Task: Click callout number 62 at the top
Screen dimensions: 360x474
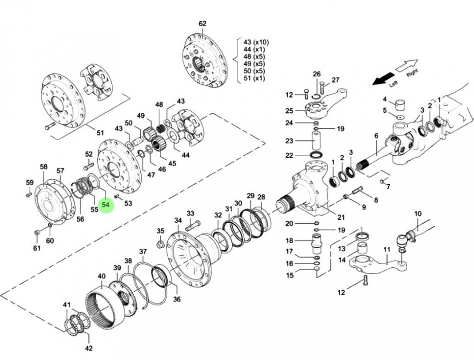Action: pos(202,23)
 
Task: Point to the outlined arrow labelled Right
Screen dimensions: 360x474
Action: pos(407,66)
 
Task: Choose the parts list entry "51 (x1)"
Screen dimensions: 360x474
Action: pos(253,79)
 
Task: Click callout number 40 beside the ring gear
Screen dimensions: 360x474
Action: pos(101,276)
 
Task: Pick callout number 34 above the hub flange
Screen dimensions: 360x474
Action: pos(178,220)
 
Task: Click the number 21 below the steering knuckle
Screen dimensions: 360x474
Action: pos(341,217)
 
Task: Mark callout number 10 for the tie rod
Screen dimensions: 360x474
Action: pos(418,214)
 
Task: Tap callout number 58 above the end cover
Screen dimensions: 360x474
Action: pos(44,167)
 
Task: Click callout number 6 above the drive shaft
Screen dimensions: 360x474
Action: pos(376,136)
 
